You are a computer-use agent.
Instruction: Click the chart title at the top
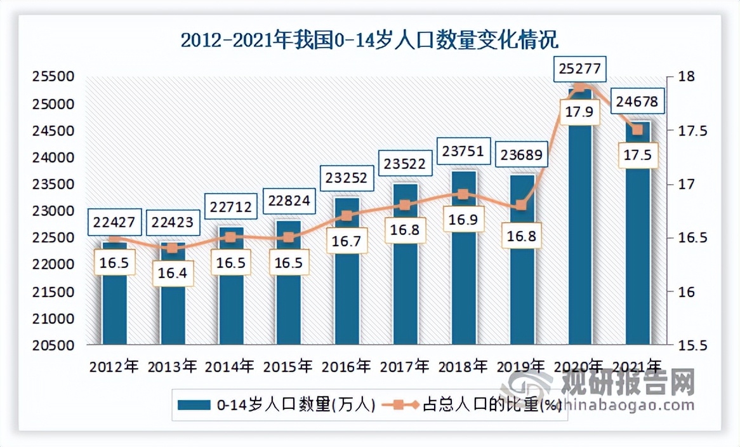coord(369,41)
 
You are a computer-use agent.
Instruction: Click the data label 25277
coord(579,67)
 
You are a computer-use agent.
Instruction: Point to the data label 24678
coord(637,101)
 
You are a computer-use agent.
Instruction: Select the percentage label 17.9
coord(579,112)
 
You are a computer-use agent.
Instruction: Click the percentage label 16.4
coord(172,273)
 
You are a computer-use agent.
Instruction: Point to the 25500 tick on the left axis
coord(53,77)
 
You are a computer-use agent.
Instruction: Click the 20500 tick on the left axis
coord(53,346)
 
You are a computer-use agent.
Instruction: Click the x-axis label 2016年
coord(347,367)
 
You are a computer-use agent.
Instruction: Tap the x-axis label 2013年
coord(172,367)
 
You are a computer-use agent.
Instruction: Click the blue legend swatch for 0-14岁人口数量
coord(194,404)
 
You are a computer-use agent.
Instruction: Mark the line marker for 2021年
coord(637,130)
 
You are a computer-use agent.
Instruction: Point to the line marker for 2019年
coord(521,205)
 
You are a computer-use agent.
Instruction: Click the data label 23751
coord(463,152)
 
